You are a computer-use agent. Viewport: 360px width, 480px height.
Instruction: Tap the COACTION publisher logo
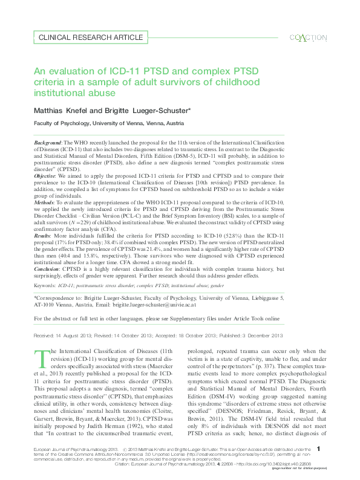pos(308,37)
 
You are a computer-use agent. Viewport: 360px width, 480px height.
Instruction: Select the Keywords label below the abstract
pos(44,284)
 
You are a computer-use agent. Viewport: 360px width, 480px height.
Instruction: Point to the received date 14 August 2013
pos(74,334)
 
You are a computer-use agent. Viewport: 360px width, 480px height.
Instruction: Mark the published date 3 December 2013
pos(261,334)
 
